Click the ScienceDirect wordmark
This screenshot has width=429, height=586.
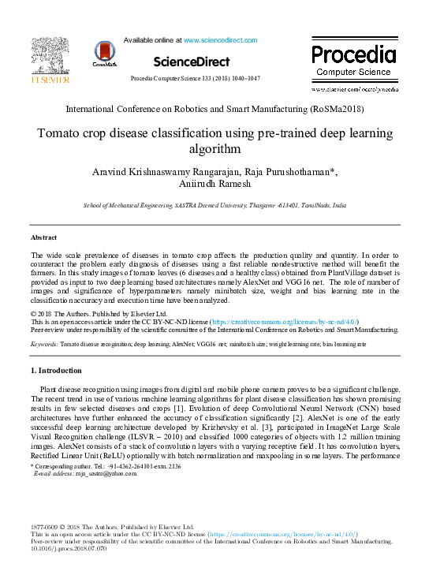click(x=192, y=62)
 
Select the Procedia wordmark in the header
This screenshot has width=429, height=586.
click(x=353, y=55)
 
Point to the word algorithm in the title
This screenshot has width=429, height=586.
click(x=214, y=147)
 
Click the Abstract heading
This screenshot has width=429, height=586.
click(x=44, y=237)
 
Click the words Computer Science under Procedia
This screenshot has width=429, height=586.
click(x=353, y=72)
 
